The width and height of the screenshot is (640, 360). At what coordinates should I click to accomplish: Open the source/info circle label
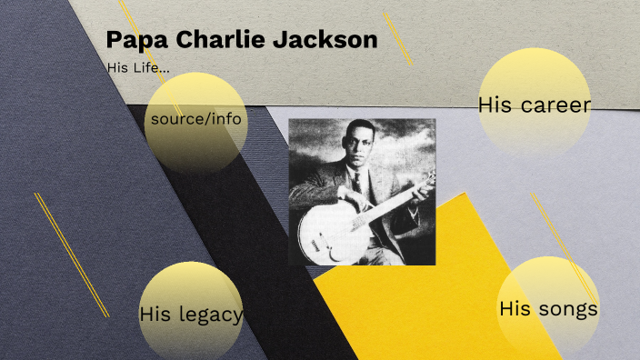196,119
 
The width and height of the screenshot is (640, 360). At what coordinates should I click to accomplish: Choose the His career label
535,105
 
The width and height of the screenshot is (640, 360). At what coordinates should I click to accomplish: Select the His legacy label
191,315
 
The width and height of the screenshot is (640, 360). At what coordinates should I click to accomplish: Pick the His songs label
548,309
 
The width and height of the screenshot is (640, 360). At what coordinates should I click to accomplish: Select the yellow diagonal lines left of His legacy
71,255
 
